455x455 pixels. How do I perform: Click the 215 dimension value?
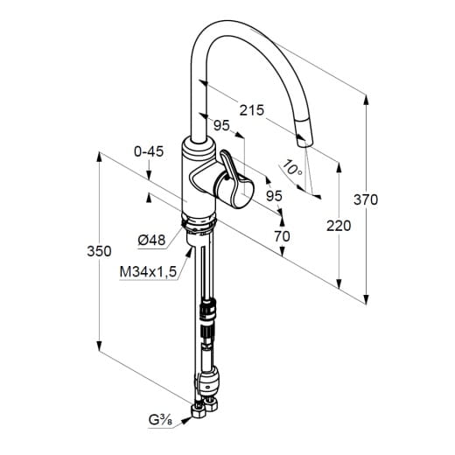[x=251, y=110]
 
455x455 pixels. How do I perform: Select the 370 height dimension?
[x=366, y=199]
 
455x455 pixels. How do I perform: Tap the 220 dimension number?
[x=339, y=226]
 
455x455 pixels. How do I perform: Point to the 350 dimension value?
[x=99, y=251]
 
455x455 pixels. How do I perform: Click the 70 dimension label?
[x=282, y=236]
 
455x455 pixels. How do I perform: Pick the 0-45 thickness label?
[x=149, y=151]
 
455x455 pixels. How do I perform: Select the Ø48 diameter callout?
[x=151, y=240]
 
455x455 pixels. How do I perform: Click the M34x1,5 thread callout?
[x=148, y=272]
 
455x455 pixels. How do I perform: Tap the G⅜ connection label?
[x=160, y=420]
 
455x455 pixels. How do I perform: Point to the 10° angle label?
[x=292, y=168]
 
